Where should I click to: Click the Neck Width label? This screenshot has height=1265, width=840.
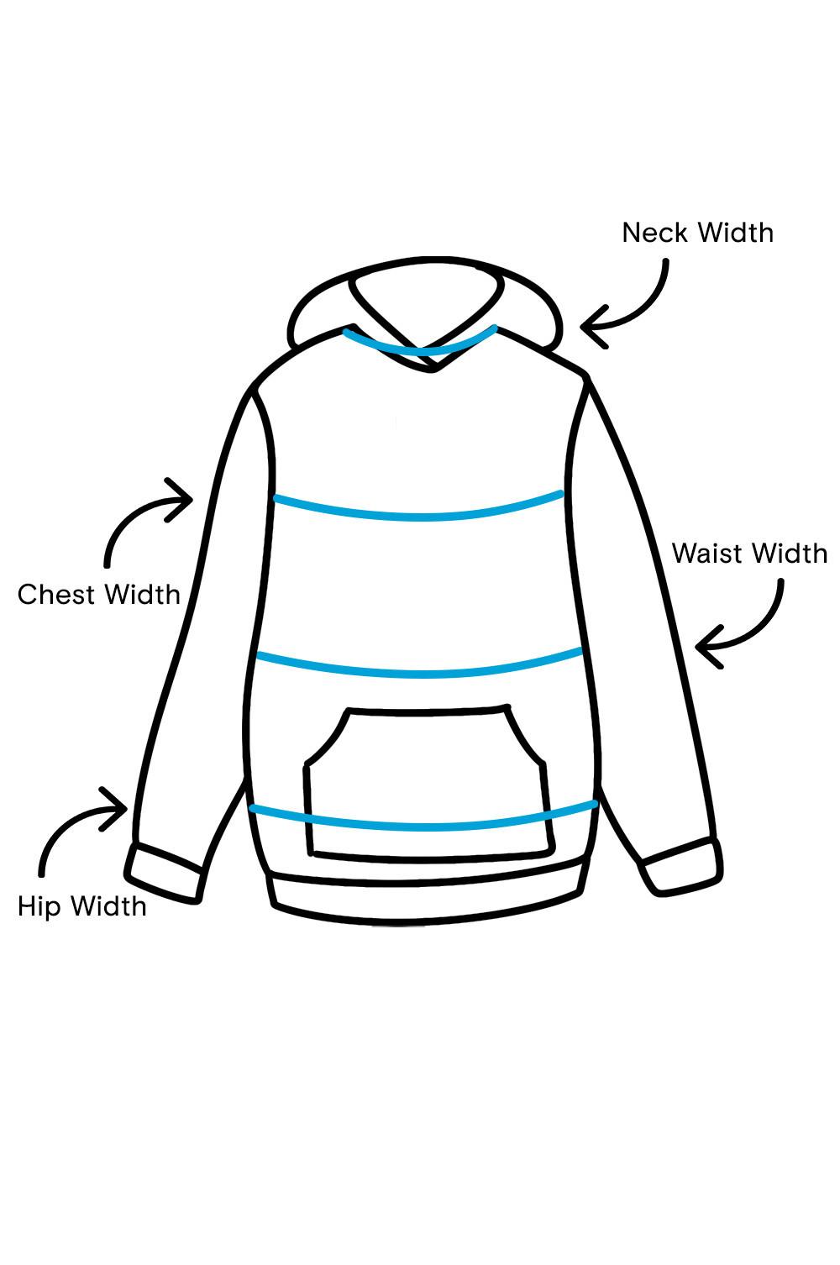coord(697,233)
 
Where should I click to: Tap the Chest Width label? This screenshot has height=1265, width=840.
coord(99,595)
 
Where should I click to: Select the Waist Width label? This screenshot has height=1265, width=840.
coord(749,554)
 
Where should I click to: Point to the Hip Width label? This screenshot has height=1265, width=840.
coord(82,906)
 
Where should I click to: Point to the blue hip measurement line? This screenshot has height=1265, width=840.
coord(420,826)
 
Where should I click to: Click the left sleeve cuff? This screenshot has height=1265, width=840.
coord(165,874)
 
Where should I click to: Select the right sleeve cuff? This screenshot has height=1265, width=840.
coord(682,865)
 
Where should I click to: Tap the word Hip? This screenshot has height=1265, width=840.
coord(39,906)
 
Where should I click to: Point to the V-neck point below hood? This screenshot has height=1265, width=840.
coord(432,367)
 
